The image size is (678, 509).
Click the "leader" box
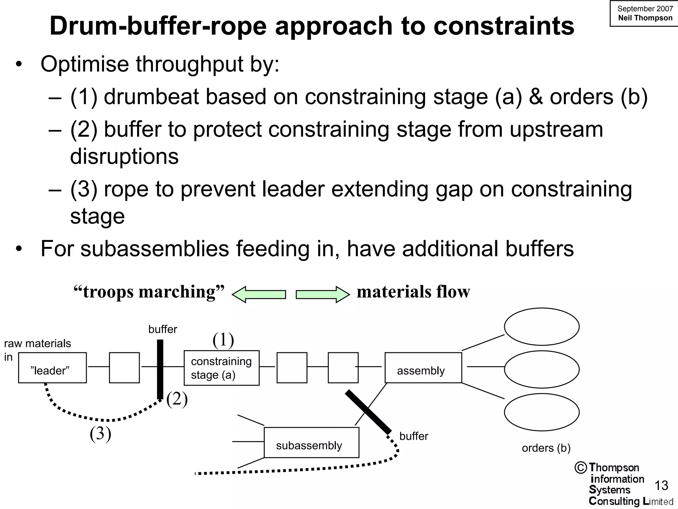[x=52, y=368]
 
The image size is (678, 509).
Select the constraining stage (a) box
[x=221, y=368]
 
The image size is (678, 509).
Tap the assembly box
[x=423, y=368]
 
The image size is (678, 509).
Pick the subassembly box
[x=311, y=443]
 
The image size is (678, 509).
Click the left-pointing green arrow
[x=259, y=294]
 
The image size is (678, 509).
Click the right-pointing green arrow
[x=322, y=294]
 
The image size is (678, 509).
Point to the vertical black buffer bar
[x=160, y=369]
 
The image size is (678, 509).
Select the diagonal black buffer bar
[x=368, y=412]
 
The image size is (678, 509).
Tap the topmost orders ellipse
[x=542, y=327]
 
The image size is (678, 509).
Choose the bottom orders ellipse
[x=542, y=412]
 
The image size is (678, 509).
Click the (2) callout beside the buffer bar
[x=177, y=399]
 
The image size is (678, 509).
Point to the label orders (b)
[x=546, y=448]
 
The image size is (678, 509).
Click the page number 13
[x=661, y=485]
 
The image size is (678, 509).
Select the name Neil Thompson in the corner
[x=645, y=18]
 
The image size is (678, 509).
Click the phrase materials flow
[x=413, y=292]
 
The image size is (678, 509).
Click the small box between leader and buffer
[x=124, y=368]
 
